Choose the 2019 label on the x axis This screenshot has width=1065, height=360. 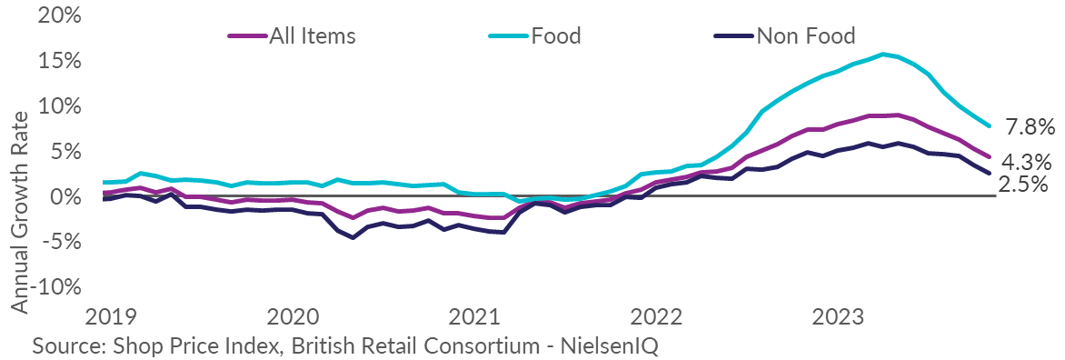[x=111, y=317]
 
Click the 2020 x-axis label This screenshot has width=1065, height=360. [x=294, y=317]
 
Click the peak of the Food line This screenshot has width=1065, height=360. [x=883, y=55]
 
